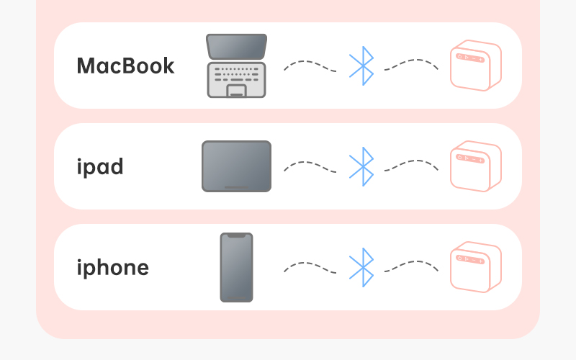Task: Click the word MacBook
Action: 125,66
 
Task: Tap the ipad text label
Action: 100,167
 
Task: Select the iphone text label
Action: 113,268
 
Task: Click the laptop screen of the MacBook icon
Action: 237,47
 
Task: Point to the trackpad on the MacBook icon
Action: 237,91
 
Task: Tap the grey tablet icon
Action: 237,166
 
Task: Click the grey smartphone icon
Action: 237,267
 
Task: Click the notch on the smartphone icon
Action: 237,235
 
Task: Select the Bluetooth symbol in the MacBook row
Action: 362,66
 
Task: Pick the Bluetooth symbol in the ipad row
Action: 362,167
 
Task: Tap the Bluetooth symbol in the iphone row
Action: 362,267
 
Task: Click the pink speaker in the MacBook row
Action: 476,66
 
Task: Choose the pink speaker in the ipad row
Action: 476,166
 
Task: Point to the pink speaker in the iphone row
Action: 476,267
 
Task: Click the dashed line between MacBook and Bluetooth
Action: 310,62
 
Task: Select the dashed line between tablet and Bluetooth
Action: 310,163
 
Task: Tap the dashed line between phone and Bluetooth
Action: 310,264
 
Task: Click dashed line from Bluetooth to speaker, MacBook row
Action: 411,60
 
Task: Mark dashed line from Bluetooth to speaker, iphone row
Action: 411,262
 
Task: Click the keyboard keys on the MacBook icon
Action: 237,74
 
